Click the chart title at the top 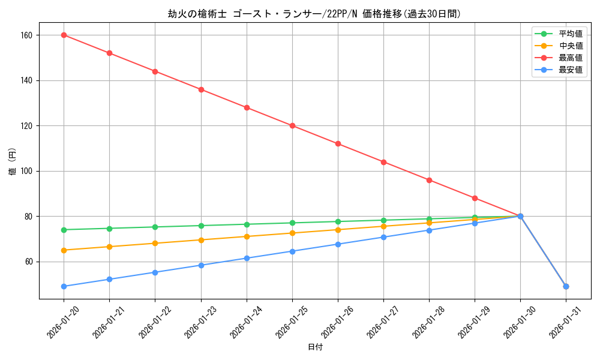(x=314, y=14)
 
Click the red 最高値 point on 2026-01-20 (x=64, y=35)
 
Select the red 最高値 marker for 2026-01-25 (x=292, y=125)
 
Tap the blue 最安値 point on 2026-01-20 (x=64, y=286)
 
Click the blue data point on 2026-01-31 (x=566, y=286)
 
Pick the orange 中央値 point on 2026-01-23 (x=201, y=240)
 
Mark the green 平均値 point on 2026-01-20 (x=64, y=230)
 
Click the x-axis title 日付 (x=315, y=347)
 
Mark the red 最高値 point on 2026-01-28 (x=429, y=180)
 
